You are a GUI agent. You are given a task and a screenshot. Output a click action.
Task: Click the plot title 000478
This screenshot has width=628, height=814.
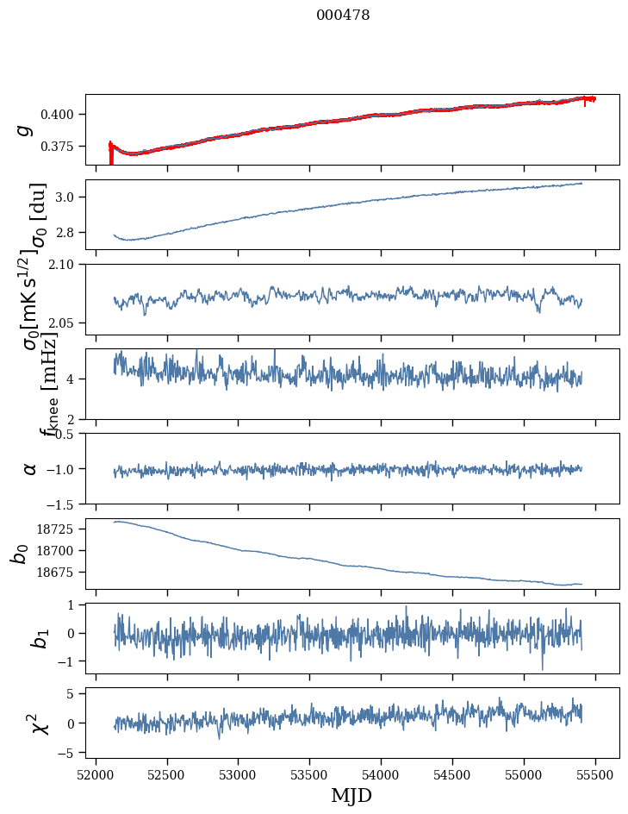(x=343, y=16)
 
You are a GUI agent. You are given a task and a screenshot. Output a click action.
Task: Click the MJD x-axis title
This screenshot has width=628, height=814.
(x=351, y=795)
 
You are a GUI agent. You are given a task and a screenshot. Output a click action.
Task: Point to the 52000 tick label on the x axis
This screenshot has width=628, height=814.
(x=96, y=773)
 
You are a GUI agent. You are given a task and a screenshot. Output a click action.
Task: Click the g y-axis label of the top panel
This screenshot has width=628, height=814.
(x=25, y=129)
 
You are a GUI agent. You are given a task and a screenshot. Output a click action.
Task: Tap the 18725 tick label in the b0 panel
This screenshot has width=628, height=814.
(x=60, y=529)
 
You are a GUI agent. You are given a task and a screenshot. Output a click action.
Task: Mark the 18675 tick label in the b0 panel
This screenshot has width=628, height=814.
(x=60, y=573)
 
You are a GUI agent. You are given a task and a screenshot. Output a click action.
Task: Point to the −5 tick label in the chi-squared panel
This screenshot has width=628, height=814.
(x=72, y=754)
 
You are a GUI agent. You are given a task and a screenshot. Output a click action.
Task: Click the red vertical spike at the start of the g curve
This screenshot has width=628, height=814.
(x=110, y=154)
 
